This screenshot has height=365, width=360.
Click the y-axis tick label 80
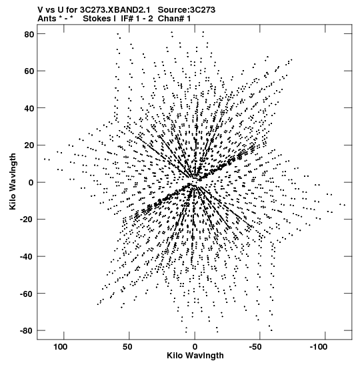click(29, 34)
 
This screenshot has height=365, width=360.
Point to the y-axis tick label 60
click(29, 71)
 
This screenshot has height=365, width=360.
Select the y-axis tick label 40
click(29, 108)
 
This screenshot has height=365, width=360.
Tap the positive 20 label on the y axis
click(29, 145)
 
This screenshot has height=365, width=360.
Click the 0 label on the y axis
click(31, 183)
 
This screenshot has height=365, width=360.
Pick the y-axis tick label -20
click(27, 220)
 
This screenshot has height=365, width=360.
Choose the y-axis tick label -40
click(27, 256)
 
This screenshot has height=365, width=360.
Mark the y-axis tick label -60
click(27, 294)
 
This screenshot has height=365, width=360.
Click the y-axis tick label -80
click(27, 331)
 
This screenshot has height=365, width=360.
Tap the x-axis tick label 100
click(61, 347)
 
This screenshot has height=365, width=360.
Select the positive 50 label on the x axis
click(127, 347)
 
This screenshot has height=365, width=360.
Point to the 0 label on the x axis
click(195, 347)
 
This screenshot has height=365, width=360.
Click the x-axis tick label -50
click(255, 347)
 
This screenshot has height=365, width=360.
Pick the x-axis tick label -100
click(319, 347)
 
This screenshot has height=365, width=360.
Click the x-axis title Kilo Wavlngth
click(195, 356)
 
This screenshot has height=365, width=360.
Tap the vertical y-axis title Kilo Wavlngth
click(13, 181)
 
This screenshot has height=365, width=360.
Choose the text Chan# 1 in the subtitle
click(174, 19)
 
